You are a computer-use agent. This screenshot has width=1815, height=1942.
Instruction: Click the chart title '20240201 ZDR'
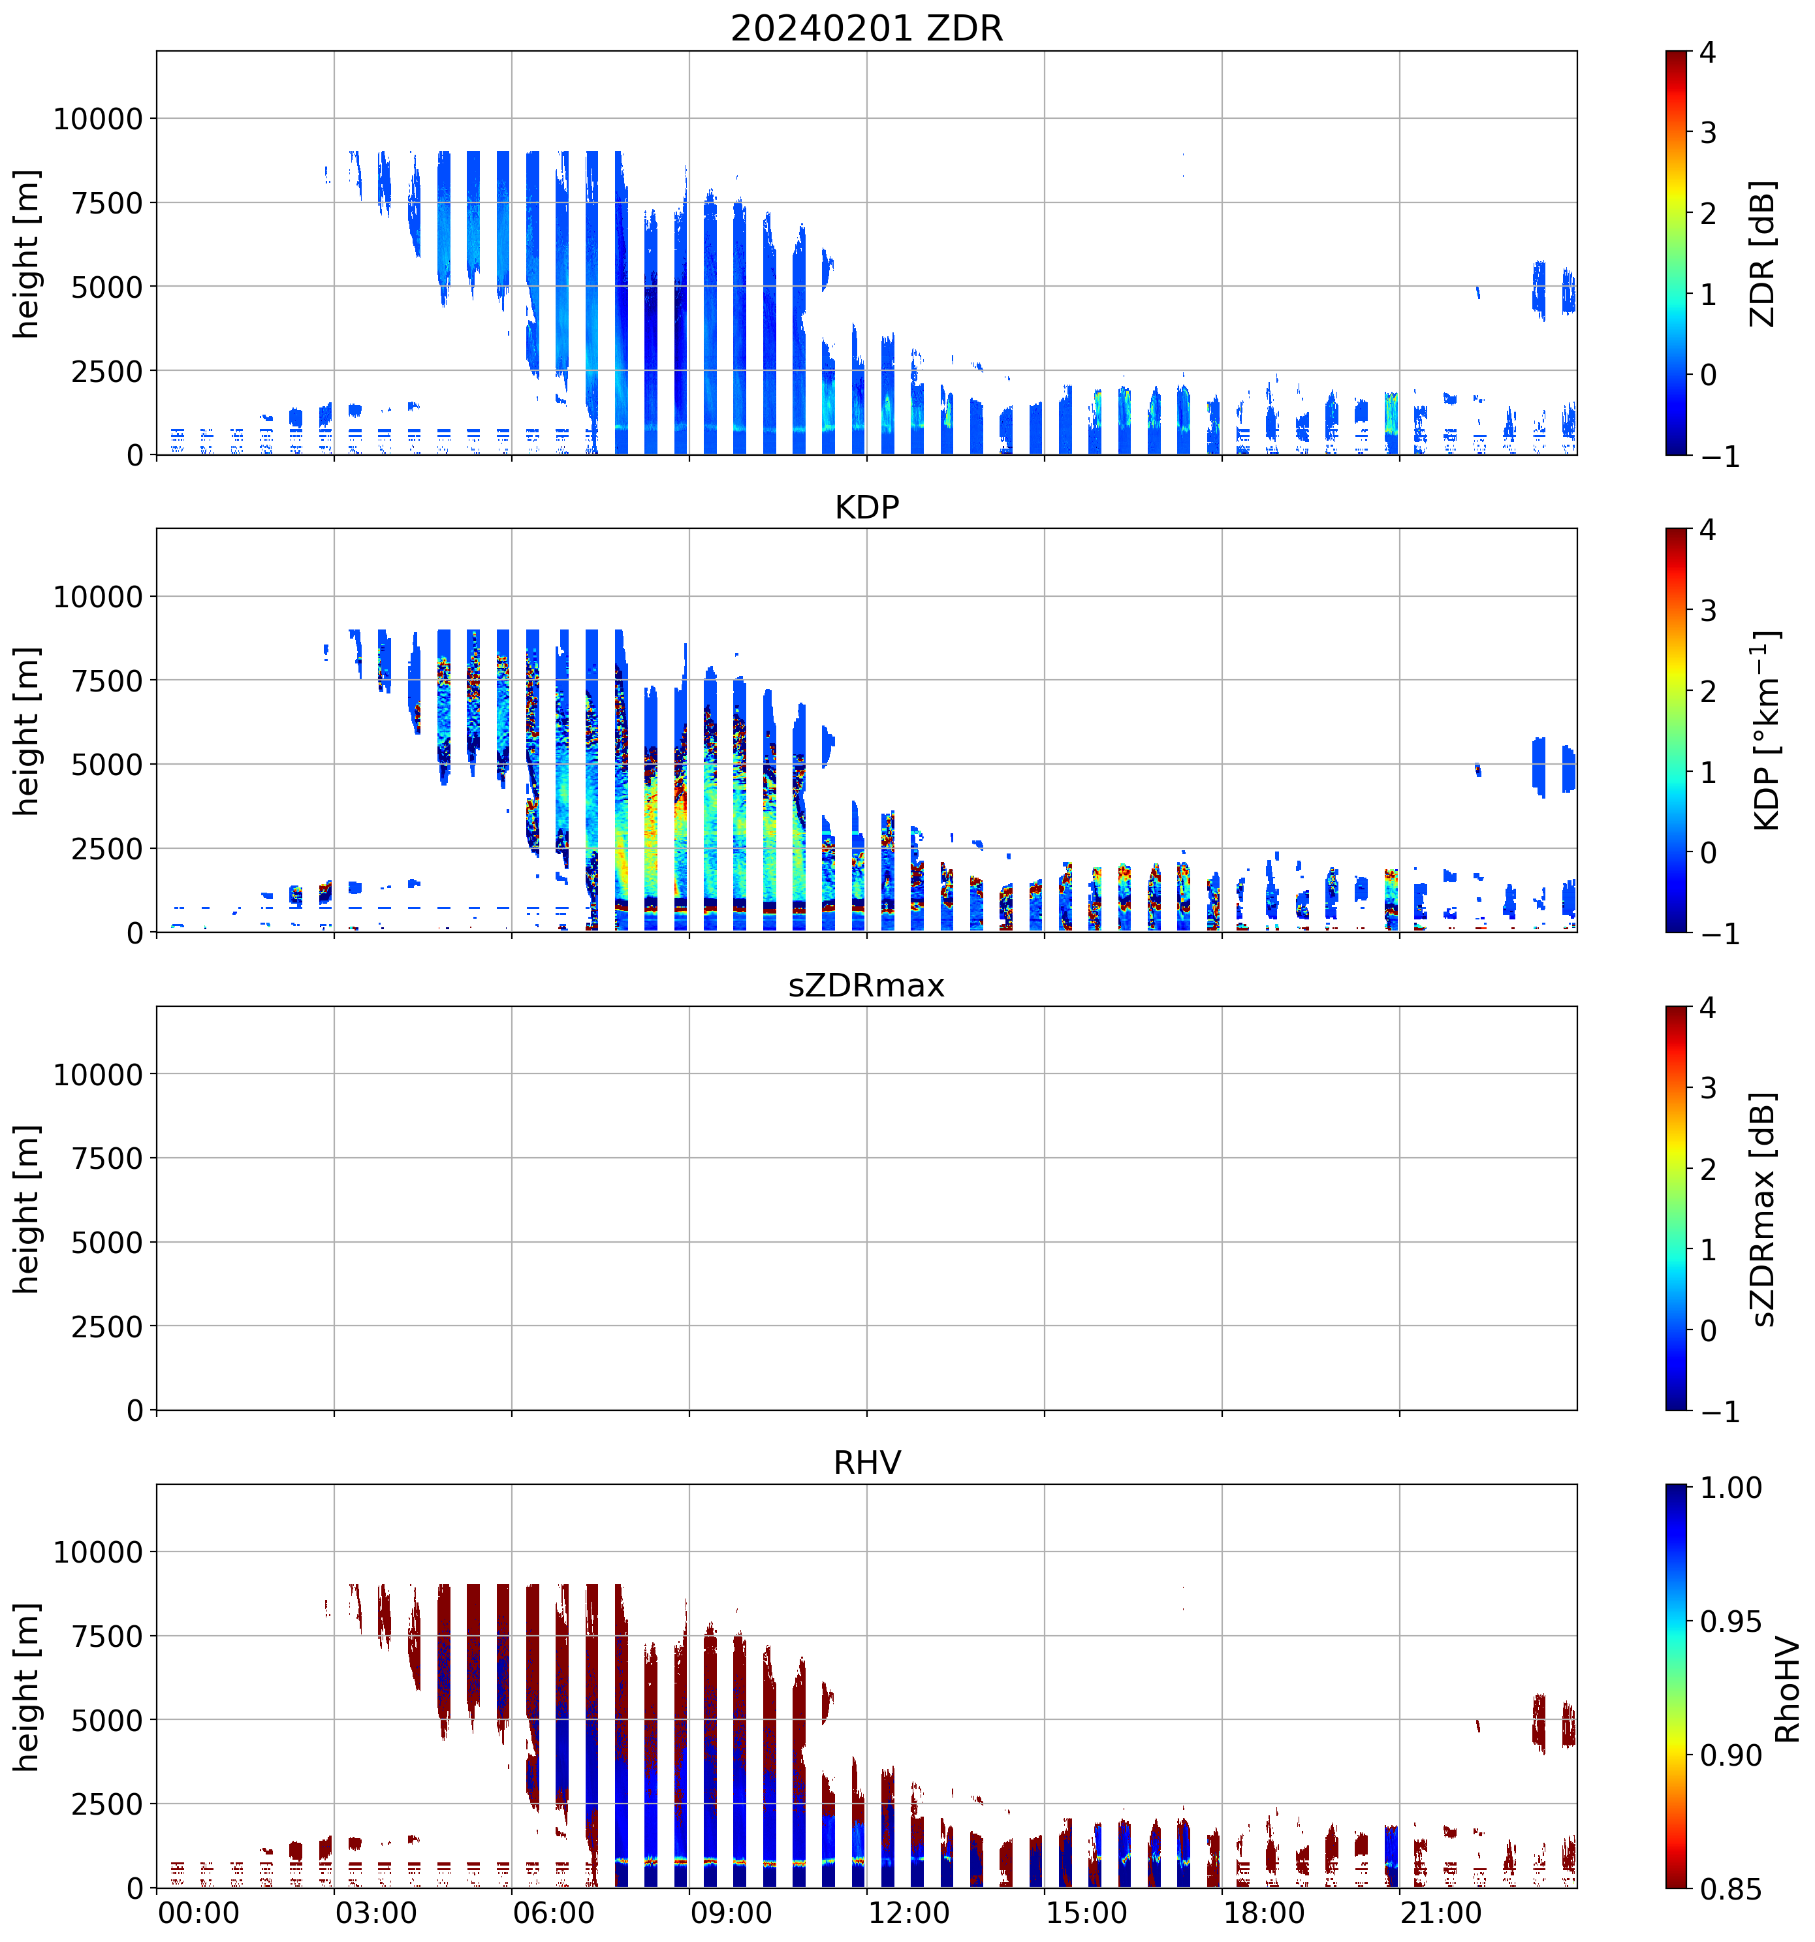tap(866, 28)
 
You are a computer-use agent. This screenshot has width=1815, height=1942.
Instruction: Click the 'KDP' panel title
tap(866, 507)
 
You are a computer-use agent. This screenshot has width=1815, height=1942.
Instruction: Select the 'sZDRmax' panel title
tap(866, 985)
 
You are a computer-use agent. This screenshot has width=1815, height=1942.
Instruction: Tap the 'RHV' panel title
tap(866, 1462)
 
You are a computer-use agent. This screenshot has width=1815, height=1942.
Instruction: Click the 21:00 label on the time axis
tap(1442, 1913)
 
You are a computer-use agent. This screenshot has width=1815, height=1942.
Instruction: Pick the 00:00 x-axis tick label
tap(198, 1913)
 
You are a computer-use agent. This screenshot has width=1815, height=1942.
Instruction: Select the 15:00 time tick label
tap(1086, 1913)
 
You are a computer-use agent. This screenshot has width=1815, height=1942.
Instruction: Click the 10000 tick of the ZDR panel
tap(98, 119)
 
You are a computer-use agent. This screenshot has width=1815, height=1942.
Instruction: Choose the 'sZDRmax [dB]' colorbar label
tap(1762, 1209)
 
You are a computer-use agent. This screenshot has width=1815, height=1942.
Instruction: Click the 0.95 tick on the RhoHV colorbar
tap(1731, 1621)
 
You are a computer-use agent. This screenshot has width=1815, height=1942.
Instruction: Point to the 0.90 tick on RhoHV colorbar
tap(1731, 1755)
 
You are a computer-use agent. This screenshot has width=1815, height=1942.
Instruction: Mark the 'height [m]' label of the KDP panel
tap(27, 731)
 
